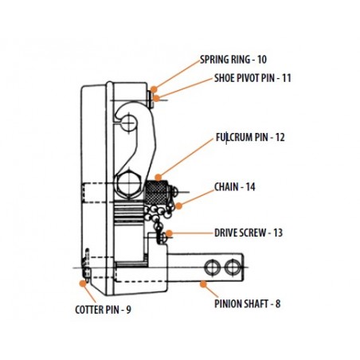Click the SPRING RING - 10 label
point(233,60)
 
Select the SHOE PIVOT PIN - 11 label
point(252,78)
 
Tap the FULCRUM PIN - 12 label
point(250,137)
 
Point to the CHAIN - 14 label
point(235,187)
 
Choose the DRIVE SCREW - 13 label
point(248,233)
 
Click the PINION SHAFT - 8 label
point(248,303)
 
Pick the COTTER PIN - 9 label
point(103,310)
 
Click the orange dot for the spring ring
point(154,89)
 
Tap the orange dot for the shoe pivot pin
point(156,98)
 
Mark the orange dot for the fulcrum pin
point(158,177)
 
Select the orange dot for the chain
point(179,205)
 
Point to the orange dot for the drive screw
point(169,233)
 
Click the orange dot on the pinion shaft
point(203,284)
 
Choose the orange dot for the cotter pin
point(83,284)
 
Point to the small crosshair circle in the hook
point(129,122)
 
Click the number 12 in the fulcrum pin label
point(280,137)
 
